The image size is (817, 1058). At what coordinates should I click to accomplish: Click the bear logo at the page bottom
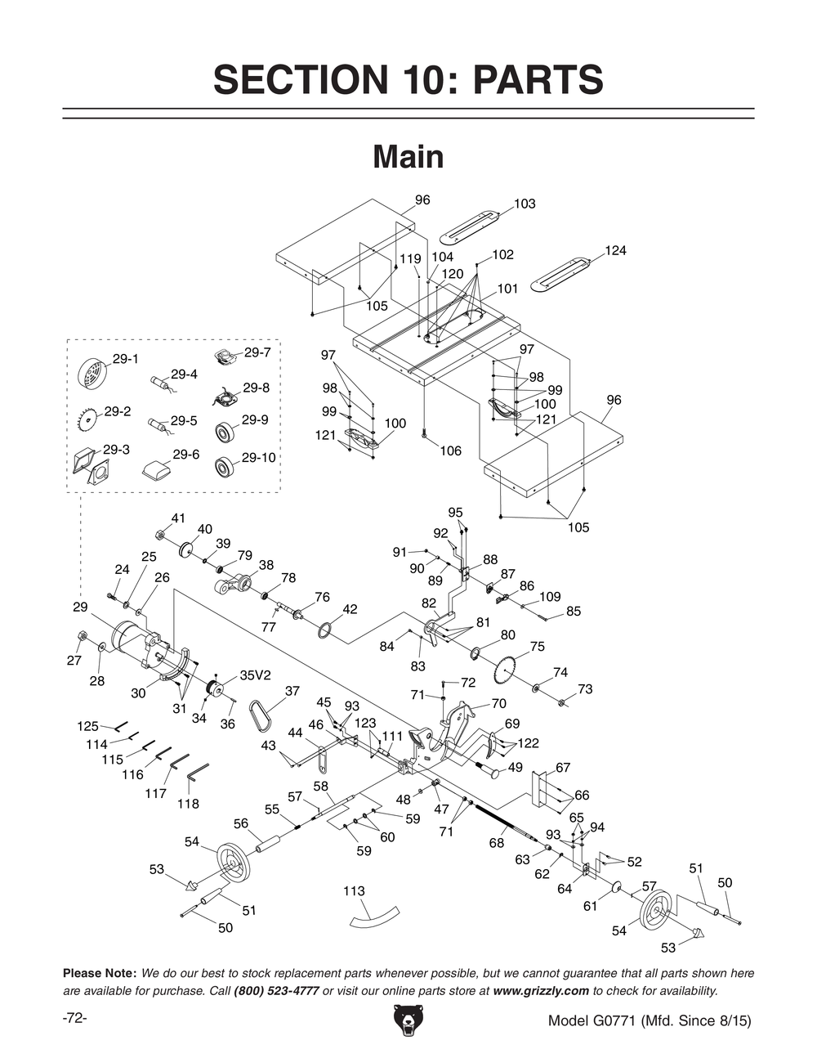pyautogui.click(x=408, y=1022)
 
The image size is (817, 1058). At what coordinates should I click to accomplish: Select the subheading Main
pyautogui.click(x=408, y=157)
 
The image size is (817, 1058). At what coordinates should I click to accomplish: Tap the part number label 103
pyautogui.click(x=525, y=204)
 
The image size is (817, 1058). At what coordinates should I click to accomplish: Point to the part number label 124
pyautogui.click(x=615, y=250)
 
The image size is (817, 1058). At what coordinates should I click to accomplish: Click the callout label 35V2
pyautogui.click(x=255, y=675)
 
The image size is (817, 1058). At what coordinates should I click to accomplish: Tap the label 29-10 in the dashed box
pyautogui.click(x=258, y=458)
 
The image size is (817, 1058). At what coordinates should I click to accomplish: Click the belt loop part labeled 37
pyautogui.click(x=264, y=715)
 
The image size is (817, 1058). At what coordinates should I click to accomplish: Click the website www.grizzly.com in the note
pyautogui.click(x=541, y=990)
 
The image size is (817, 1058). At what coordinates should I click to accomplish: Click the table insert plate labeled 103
pyautogui.click(x=469, y=227)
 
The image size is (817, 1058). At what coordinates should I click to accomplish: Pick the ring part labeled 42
pyautogui.click(x=324, y=630)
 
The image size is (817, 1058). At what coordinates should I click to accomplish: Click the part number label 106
pyautogui.click(x=450, y=451)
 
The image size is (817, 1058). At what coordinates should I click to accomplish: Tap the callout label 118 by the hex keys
pyautogui.click(x=188, y=804)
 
